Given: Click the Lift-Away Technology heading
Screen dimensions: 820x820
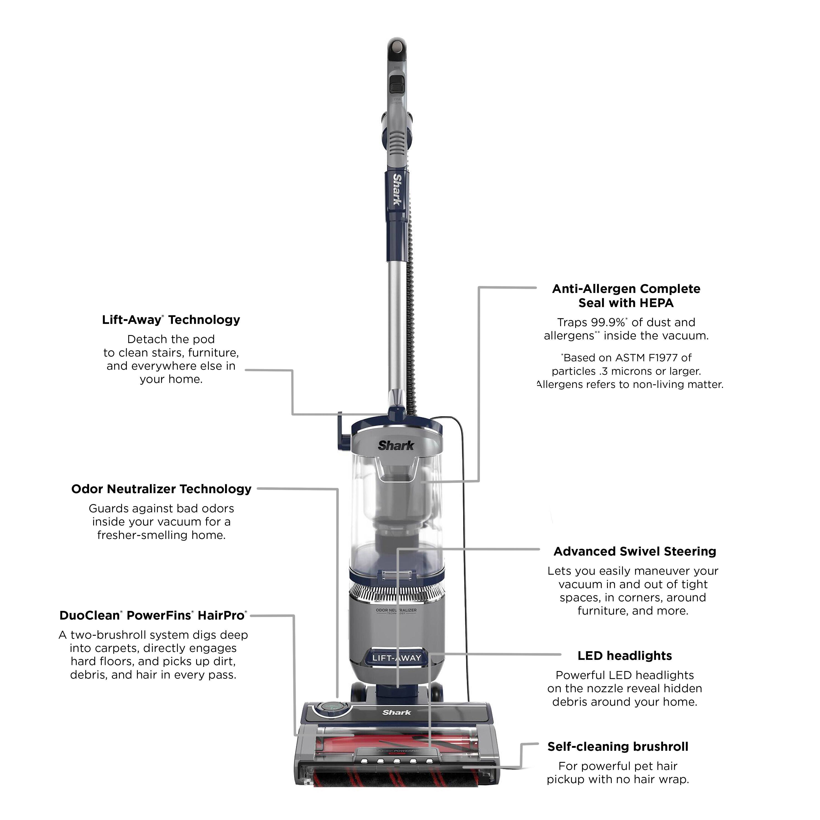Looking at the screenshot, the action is pyautogui.click(x=171, y=320).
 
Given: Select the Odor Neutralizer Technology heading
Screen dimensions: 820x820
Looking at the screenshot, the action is pyautogui.click(x=161, y=489).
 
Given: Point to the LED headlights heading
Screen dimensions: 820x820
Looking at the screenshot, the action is pyautogui.click(x=625, y=656).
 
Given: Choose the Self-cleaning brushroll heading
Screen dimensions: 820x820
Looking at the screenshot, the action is pyautogui.click(x=618, y=747).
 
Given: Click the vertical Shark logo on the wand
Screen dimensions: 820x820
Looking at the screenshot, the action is pyautogui.click(x=397, y=189).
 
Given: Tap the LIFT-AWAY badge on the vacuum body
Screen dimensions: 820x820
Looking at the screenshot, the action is pyautogui.click(x=396, y=658).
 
